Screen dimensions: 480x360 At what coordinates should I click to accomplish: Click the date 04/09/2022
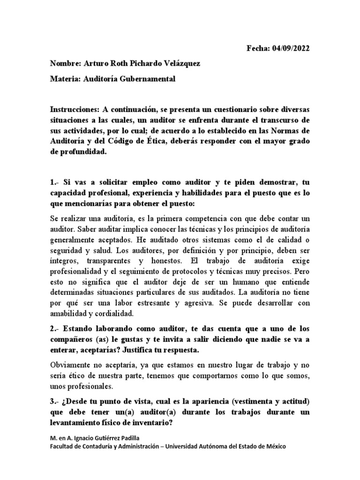(x=290, y=48)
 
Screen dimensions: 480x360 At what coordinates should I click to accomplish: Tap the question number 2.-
(x=56, y=330)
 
